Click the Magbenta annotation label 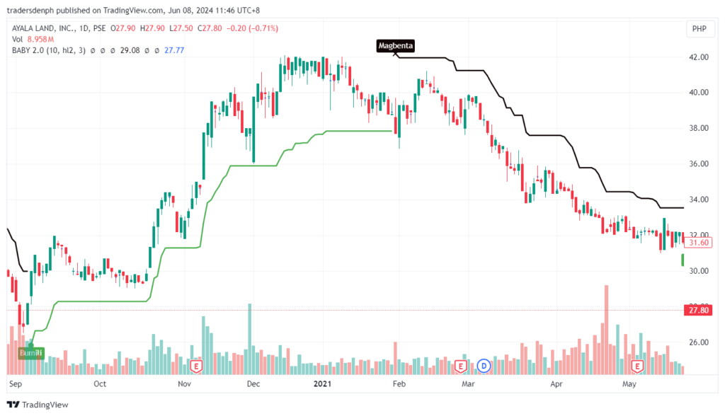tap(395, 46)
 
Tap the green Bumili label tap(30, 352)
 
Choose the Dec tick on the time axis tap(253, 385)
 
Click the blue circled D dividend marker tap(484, 366)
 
